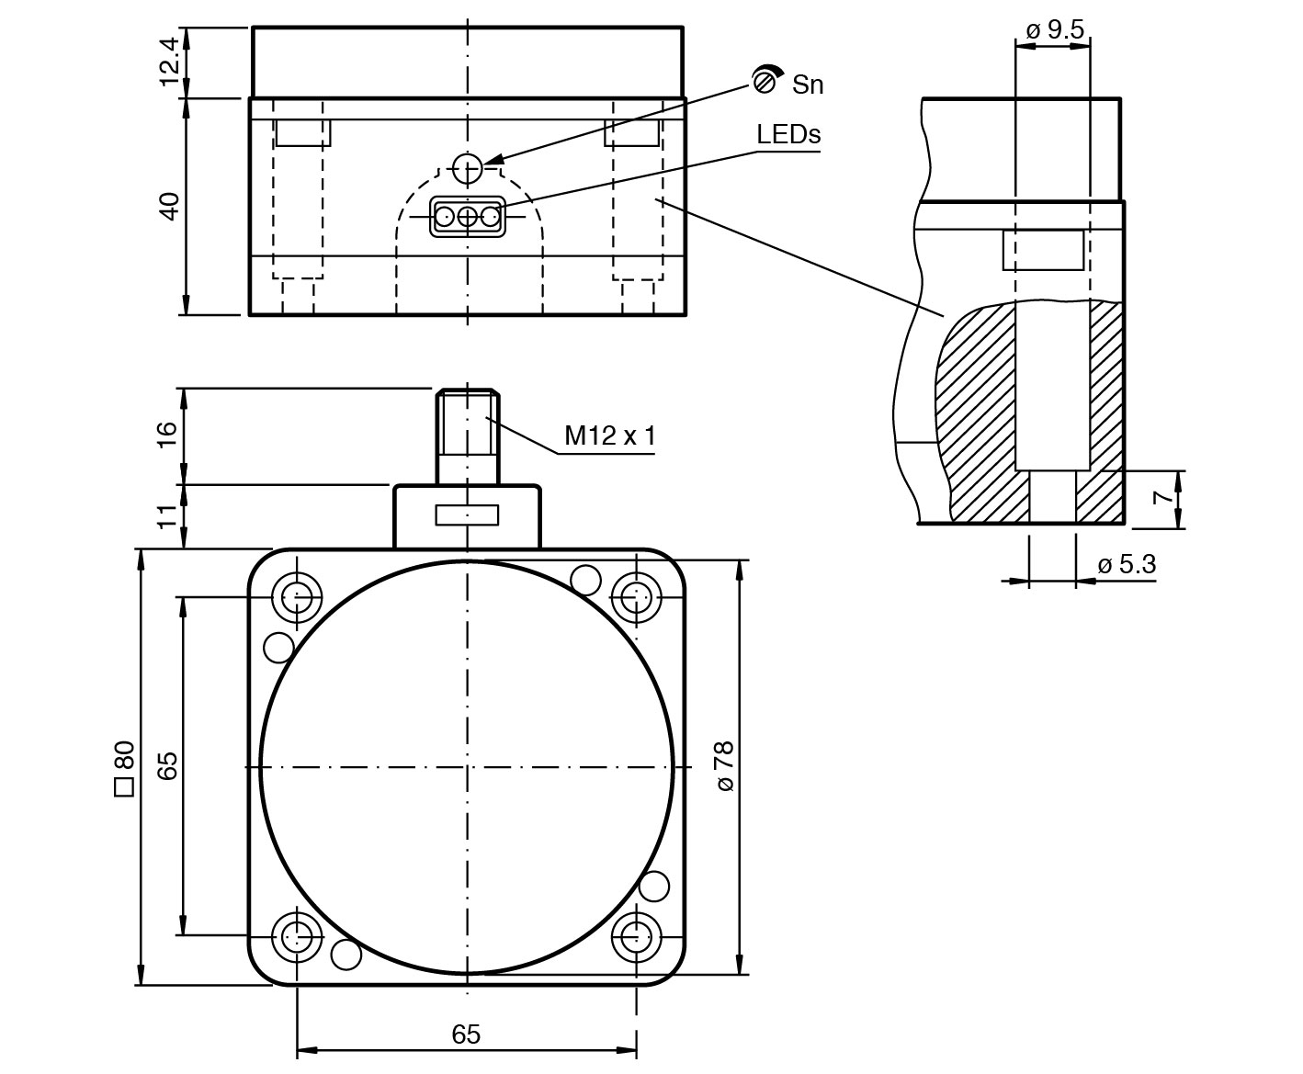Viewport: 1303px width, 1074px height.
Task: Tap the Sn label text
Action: [x=808, y=85]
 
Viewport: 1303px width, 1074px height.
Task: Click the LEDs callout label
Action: [x=787, y=134]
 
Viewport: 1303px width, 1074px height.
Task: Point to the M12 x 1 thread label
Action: [x=609, y=435]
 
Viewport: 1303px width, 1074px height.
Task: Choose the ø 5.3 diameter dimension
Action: [x=1127, y=564]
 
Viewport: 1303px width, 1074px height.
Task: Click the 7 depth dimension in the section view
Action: [x=1163, y=499]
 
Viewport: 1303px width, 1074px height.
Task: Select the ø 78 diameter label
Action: [x=724, y=766]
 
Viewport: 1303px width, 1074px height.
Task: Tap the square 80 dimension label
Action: [x=123, y=768]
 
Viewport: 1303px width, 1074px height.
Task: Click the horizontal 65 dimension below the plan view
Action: [x=466, y=1034]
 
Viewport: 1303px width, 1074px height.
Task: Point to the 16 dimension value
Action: [x=167, y=435]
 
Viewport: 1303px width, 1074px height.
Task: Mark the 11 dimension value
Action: [x=167, y=516]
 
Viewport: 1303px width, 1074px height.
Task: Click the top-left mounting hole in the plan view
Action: [x=297, y=597]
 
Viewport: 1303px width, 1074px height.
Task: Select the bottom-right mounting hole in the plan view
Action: [x=636, y=937]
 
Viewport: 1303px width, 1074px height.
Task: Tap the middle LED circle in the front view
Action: [x=468, y=217]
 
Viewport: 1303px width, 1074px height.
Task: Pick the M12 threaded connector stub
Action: [x=468, y=436]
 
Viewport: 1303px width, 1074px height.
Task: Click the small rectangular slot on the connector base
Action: [x=468, y=515]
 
